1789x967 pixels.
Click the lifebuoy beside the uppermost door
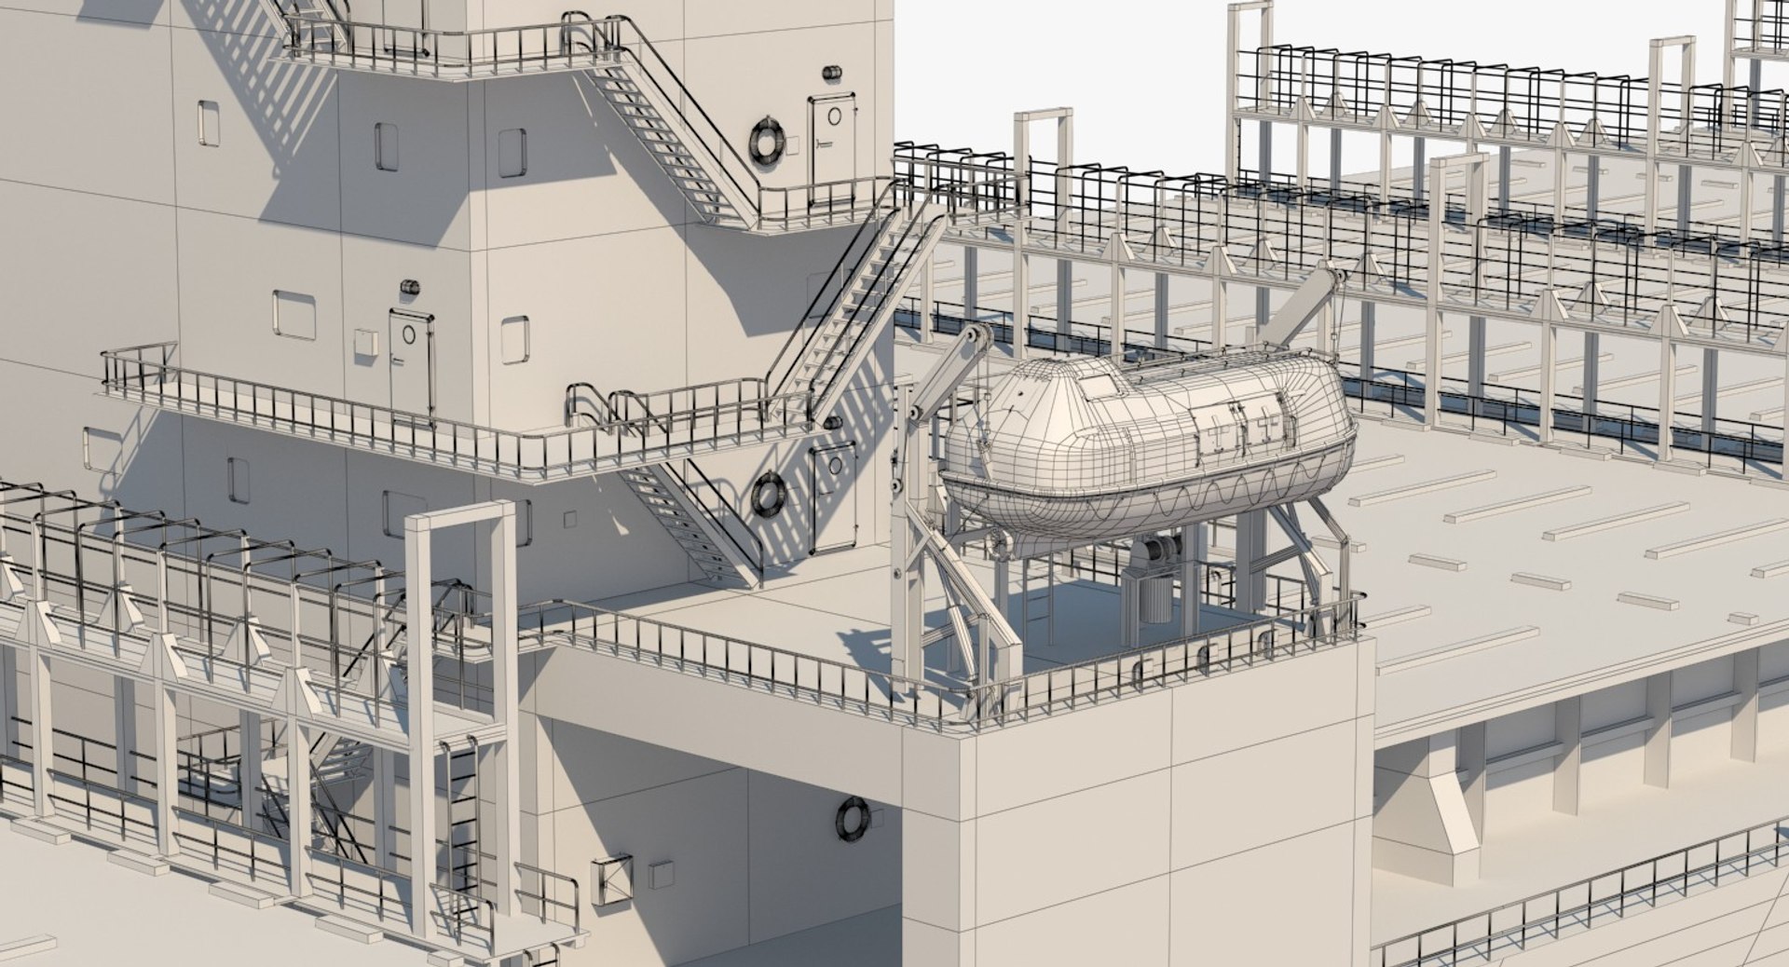766,143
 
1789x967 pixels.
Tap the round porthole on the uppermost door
835,116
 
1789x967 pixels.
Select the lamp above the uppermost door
831,74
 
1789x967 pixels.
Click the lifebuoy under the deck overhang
852,818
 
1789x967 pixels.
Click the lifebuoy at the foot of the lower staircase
768,494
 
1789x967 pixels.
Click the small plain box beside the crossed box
661,874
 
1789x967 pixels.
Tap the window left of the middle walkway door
294,315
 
